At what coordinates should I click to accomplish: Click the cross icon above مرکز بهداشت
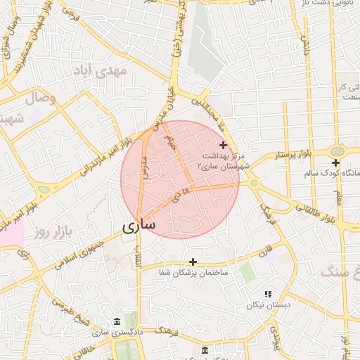(223, 144)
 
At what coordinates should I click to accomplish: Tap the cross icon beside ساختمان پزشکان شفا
(193, 262)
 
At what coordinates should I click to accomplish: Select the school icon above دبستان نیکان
(267, 294)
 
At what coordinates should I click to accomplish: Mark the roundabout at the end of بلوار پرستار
(337, 151)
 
